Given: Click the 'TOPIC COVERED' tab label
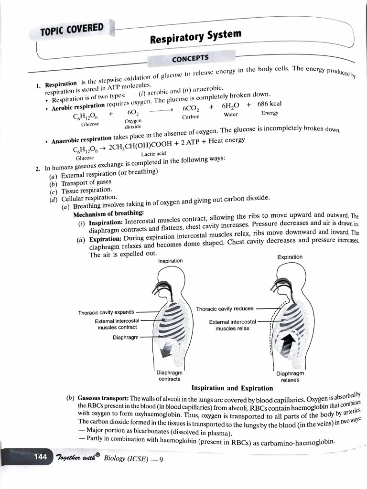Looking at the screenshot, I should pyautogui.click(x=72, y=30).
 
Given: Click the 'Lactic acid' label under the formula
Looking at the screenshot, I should pyautogui.click(x=153, y=153).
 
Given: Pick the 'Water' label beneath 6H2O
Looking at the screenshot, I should pyautogui.click(x=231, y=115).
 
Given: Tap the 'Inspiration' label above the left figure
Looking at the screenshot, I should pyautogui.click(x=170, y=261).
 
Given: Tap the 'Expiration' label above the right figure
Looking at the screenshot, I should pyautogui.click(x=290, y=257).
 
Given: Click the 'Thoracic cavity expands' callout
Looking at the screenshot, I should pyautogui.click(x=106, y=312).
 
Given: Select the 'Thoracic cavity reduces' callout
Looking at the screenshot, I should pyautogui.click(x=225, y=309).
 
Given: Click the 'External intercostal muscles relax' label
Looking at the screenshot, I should pyautogui.click(x=232, y=325).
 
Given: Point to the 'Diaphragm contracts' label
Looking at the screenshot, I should pyautogui.click(x=169, y=376).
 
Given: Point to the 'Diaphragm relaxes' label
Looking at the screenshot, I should pyautogui.click(x=290, y=377).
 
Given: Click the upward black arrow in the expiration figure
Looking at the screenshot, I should pyautogui.click(x=288, y=343).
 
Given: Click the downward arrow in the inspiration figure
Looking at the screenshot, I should pyautogui.click(x=167, y=351).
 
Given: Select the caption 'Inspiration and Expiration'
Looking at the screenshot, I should pyautogui.click(x=232, y=388).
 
